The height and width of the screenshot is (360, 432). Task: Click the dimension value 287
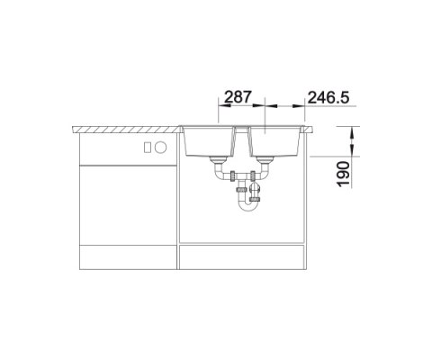(238, 97)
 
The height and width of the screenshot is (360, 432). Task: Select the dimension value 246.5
(328, 97)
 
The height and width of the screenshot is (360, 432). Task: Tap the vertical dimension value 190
(344, 174)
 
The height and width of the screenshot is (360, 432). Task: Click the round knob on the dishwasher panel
(160, 148)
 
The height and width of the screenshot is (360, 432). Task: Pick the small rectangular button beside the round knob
(148, 148)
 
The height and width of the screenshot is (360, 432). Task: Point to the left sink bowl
(209, 141)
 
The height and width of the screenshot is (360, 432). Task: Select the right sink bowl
(275, 141)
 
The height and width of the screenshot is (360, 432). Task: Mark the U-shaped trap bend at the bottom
(247, 208)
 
